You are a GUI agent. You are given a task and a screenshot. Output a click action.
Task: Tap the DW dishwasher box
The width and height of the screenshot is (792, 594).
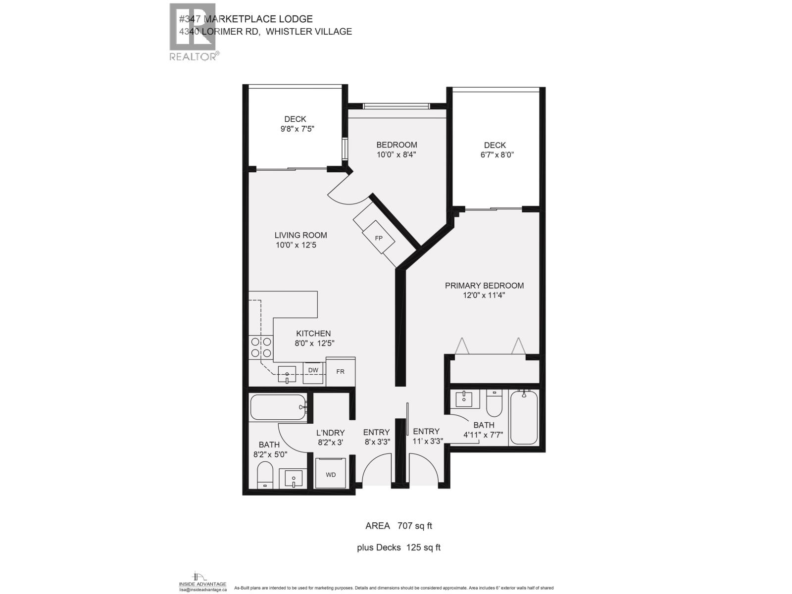click(313, 370)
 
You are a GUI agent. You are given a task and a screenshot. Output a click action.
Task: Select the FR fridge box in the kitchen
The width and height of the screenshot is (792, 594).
click(340, 372)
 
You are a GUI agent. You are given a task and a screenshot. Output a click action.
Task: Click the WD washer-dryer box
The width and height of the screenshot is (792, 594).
click(331, 474)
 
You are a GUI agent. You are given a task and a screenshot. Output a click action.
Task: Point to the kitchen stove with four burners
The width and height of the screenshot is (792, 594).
click(261, 347)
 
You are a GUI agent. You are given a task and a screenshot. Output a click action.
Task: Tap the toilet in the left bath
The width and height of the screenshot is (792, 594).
click(265, 476)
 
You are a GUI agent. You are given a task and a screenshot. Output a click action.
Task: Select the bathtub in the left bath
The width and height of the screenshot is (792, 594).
click(278, 407)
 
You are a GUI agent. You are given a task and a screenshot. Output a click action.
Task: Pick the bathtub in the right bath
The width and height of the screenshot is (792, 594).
click(523, 417)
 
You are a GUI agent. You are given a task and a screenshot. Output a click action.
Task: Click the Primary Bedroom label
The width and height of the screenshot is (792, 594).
click(484, 286)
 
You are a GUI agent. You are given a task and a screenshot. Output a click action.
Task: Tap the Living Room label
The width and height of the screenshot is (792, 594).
click(300, 235)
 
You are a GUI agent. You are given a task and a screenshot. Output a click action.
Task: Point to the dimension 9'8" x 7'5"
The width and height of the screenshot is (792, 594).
click(297, 129)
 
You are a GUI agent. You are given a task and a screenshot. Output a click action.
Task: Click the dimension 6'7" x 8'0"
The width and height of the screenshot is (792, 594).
click(494, 154)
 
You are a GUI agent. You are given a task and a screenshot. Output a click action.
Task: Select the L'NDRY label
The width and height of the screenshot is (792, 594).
click(331, 433)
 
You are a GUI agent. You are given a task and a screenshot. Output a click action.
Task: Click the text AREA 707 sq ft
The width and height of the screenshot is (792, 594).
click(398, 526)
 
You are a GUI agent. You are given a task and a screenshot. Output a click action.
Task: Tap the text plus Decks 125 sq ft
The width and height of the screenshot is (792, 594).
click(398, 547)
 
